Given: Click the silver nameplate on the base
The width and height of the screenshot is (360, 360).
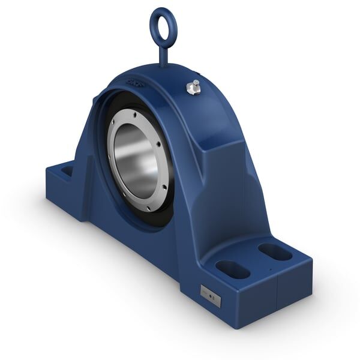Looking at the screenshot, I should [210, 296].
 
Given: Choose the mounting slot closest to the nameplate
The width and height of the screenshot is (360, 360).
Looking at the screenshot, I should [233, 269].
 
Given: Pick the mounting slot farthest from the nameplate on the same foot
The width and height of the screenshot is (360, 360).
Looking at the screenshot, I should [275, 251].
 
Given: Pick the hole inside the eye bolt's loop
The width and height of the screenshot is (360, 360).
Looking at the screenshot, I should [162, 27].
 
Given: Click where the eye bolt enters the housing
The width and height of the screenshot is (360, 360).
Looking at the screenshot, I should [164, 66].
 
